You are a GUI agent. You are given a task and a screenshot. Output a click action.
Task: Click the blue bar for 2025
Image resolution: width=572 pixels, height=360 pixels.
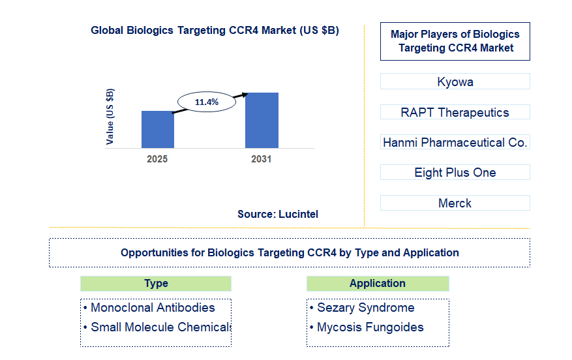[x=157, y=129]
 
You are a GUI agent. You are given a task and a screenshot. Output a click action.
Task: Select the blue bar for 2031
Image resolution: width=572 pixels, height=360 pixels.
[x=262, y=120]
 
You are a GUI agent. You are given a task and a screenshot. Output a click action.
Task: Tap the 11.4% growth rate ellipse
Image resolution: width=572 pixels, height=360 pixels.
[x=206, y=102]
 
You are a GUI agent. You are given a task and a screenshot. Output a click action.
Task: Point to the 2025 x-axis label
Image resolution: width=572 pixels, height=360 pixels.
[x=157, y=159]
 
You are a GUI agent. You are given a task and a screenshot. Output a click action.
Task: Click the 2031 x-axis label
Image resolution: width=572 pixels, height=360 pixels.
[x=262, y=159]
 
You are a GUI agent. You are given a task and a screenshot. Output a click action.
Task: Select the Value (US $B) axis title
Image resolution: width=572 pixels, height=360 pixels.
[x=110, y=116]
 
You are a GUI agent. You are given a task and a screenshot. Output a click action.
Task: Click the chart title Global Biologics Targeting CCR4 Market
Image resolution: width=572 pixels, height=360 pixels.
[x=215, y=31]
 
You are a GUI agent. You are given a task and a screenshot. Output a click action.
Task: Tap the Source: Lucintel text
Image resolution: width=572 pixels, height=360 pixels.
[x=278, y=214]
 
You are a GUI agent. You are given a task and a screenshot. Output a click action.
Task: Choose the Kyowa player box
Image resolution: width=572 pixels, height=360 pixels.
[x=455, y=82]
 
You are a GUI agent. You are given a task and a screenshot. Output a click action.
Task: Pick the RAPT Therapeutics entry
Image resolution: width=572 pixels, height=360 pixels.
[x=455, y=112]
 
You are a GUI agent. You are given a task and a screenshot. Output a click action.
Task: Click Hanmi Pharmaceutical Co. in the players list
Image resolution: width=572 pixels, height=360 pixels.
[x=455, y=142]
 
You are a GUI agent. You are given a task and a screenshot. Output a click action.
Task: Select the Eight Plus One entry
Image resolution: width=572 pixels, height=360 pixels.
[x=455, y=172]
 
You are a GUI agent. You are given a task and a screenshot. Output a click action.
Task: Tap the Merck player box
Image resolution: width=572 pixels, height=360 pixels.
[x=455, y=203]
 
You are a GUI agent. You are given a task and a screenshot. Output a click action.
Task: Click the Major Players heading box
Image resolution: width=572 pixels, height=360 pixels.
[x=455, y=41]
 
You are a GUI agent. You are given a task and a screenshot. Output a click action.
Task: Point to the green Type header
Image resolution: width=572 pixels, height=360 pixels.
[x=156, y=283]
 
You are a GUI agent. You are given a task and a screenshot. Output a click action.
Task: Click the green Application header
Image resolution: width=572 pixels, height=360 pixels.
[x=377, y=283]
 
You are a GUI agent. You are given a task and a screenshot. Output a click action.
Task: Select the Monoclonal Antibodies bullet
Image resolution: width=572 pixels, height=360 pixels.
[x=152, y=307]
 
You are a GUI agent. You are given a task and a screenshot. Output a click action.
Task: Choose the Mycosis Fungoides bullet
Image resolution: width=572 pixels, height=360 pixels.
[x=370, y=327]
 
